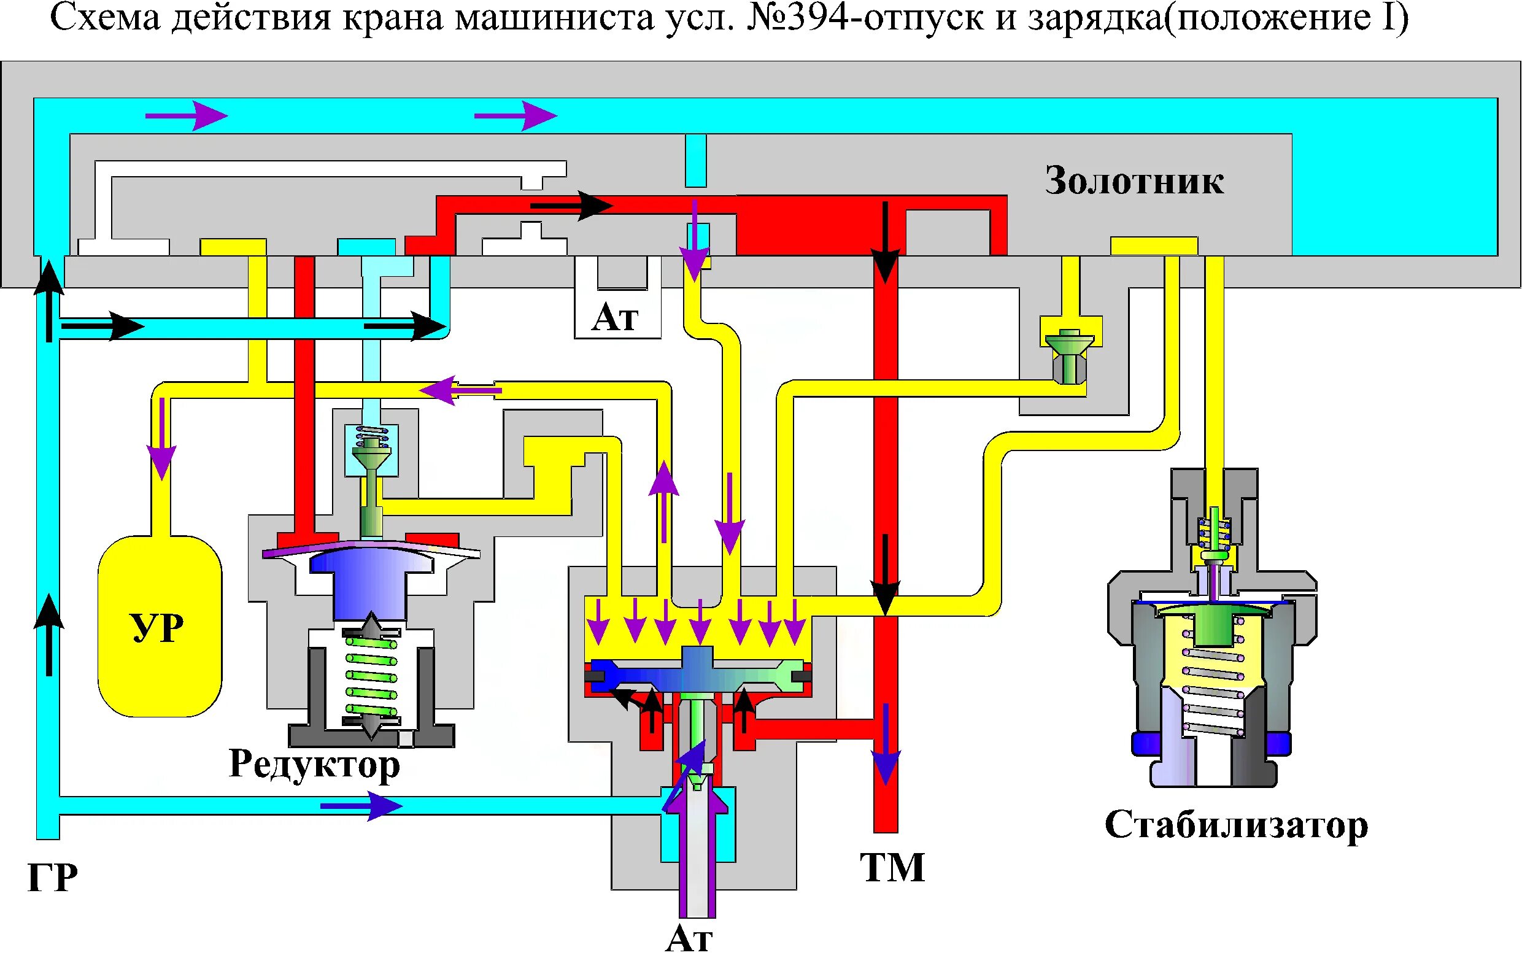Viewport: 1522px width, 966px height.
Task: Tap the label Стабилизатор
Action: [1235, 825]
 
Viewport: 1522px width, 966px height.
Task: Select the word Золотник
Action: [1134, 182]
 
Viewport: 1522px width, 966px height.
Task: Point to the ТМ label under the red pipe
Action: [892, 867]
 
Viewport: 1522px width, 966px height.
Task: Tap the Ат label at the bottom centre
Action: [689, 940]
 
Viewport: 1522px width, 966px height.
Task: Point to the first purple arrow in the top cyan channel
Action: [187, 116]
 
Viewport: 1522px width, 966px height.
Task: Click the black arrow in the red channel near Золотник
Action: [572, 206]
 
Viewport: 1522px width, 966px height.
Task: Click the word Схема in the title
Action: [105, 18]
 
